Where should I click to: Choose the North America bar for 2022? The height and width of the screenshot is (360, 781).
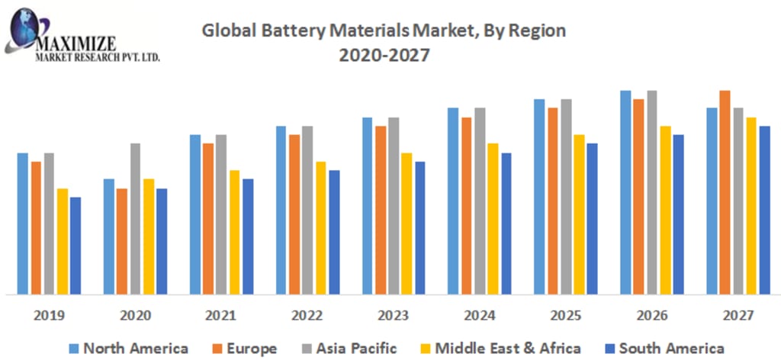point(281,210)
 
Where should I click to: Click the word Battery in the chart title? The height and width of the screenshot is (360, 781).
point(276,31)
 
